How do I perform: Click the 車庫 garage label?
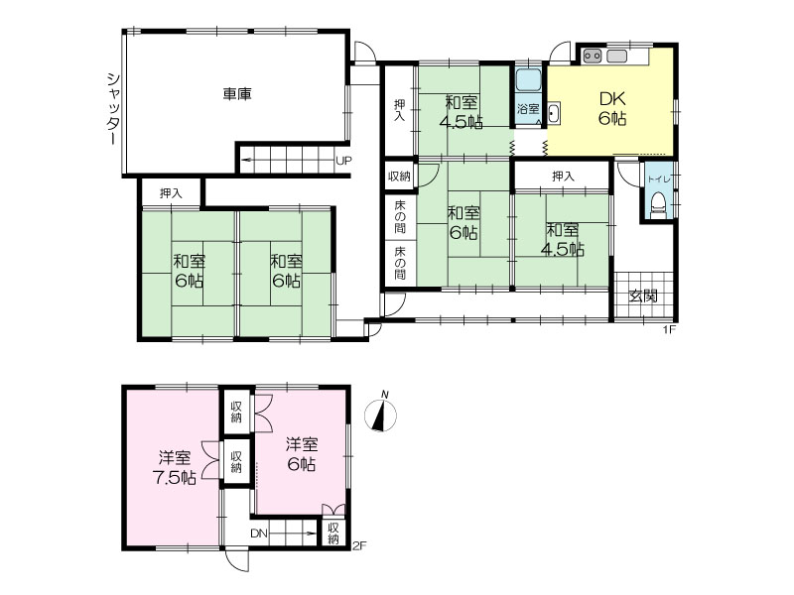click(x=237, y=94)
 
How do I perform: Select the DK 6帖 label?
click(x=612, y=108)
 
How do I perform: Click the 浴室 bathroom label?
click(x=528, y=109)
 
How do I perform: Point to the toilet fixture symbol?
click(x=659, y=205)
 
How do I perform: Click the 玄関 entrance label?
click(x=643, y=296)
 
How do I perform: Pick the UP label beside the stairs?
click(x=343, y=161)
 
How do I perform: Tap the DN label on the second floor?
click(x=258, y=534)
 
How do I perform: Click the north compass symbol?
click(x=381, y=414)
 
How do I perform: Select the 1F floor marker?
click(x=670, y=330)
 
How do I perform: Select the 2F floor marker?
click(x=358, y=546)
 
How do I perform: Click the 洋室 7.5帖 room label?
click(x=175, y=468)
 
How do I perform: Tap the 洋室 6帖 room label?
click(x=302, y=454)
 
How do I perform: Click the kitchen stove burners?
click(x=592, y=56)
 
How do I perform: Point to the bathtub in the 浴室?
click(x=529, y=80)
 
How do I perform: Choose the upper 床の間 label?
click(x=400, y=216)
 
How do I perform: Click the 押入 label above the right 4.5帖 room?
click(x=563, y=177)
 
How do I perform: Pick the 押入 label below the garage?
click(x=171, y=193)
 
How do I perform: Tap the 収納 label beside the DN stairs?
click(x=332, y=534)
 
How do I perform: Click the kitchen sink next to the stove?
click(x=616, y=56)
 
